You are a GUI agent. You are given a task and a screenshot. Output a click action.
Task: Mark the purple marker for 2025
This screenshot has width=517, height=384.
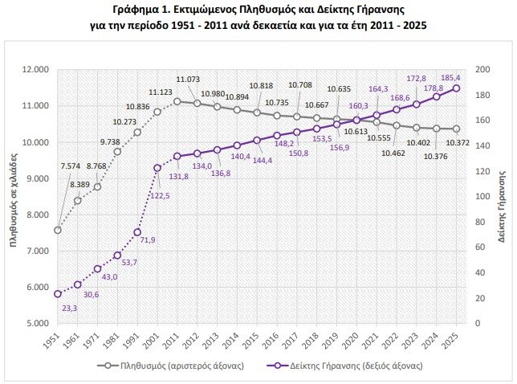(456, 88)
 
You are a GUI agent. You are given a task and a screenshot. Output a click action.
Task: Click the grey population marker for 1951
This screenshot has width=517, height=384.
(58, 230)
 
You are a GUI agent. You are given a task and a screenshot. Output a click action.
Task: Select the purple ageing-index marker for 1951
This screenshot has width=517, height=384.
(58, 294)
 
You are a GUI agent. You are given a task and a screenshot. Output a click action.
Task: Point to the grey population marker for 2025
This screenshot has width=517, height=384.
(456, 129)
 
